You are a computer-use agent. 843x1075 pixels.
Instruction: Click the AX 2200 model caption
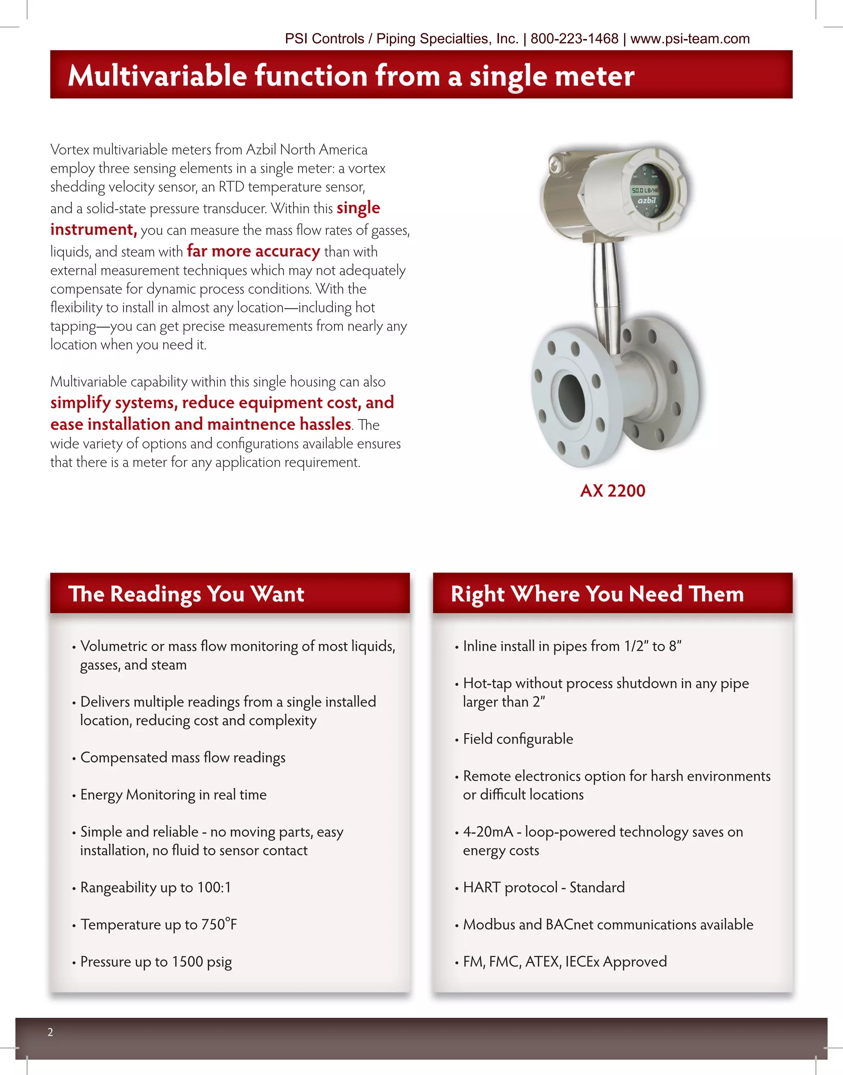point(612,491)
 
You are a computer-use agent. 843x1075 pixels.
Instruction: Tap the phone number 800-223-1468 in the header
point(574,39)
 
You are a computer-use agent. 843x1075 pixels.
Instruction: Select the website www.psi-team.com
point(689,39)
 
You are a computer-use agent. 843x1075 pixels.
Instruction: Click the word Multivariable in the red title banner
point(157,76)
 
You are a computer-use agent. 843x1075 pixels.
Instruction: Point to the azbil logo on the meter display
point(646,201)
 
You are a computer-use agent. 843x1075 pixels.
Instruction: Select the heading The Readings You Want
point(186,594)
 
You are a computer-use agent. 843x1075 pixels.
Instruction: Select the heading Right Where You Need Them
point(597,594)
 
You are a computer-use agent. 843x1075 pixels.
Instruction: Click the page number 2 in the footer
point(50,1032)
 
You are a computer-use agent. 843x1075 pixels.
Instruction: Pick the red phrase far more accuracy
point(253,251)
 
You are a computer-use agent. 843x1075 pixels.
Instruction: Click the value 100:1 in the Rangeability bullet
point(214,887)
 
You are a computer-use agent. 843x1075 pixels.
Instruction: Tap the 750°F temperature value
point(219,924)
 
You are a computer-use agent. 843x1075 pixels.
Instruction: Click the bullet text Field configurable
point(518,739)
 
